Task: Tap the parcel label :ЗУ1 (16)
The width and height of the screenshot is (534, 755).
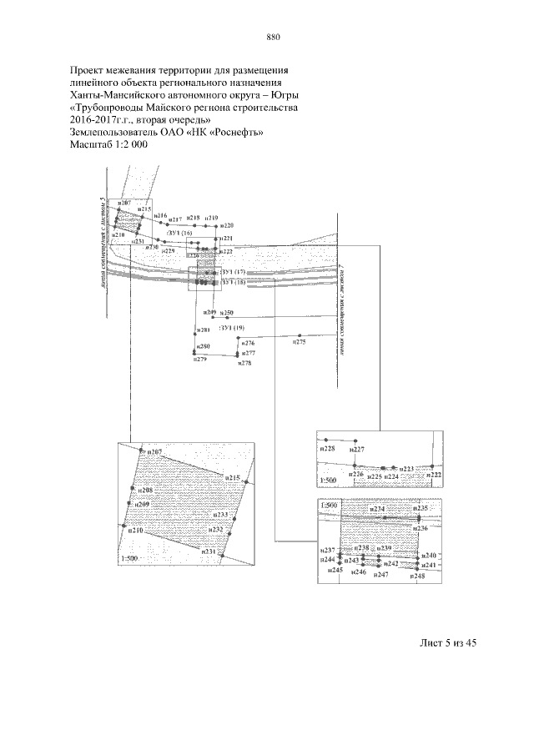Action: [179, 233]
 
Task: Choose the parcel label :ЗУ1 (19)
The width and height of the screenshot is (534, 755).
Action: [231, 328]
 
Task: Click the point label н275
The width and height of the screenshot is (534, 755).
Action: [299, 342]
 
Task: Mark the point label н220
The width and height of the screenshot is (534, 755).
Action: [228, 226]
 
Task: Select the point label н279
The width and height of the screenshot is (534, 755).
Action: [199, 360]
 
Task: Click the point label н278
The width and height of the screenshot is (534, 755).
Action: [244, 363]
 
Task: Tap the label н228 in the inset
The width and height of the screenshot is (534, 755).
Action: [327, 449]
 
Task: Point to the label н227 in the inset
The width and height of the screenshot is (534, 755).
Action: [357, 449]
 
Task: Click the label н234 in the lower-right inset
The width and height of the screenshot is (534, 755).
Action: [377, 509]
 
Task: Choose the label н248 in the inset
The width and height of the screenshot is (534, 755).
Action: [418, 576]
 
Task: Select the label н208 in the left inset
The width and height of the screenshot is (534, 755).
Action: [144, 491]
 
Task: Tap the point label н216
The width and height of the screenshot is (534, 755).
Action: [162, 215]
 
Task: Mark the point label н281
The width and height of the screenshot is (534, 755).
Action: [204, 331]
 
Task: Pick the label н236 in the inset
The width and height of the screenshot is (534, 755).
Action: [421, 529]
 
